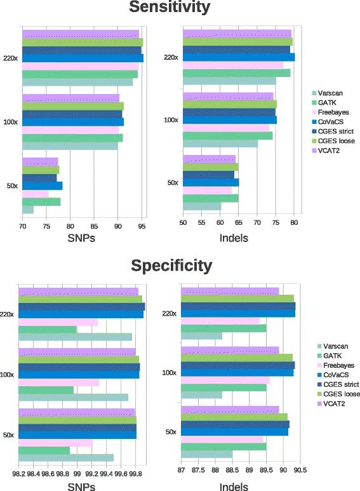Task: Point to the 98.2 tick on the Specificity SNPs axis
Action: pos(18,473)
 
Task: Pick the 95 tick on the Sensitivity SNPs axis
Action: pos(143,224)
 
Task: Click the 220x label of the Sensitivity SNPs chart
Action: pos(11,58)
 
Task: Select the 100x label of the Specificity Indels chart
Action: pos(170,372)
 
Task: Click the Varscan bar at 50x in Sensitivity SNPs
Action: pos(28,210)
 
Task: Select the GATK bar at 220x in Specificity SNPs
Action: pos(48,330)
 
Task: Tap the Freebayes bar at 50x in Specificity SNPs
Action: pos(56,443)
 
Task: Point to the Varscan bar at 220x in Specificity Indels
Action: pos(202,336)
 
